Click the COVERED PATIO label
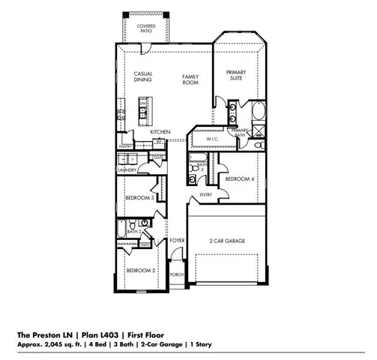pos(145,28)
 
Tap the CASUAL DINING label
pos(143,76)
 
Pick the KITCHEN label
pos(160,131)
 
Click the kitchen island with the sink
pos(143,112)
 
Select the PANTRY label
pos(125,146)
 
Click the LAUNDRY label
pos(127,170)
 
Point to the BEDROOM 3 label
pos(139,198)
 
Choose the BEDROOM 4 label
pos(241,179)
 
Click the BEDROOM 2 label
pos(139,270)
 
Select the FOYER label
pos(177,241)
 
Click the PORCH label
pos(177,274)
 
